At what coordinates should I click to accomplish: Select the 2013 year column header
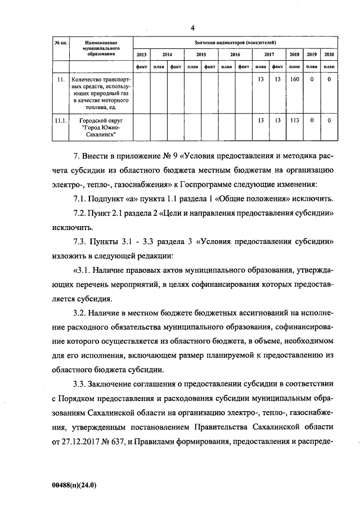point(142,55)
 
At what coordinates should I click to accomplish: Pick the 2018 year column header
point(294,55)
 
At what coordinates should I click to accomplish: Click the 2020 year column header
point(330,55)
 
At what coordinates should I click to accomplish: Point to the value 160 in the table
point(294,80)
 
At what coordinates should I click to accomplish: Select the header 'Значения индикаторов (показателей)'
point(236,42)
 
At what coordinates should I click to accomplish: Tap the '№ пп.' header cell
point(60,43)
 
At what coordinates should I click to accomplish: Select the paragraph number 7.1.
point(81,200)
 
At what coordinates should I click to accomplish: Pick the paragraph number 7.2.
point(81,214)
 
